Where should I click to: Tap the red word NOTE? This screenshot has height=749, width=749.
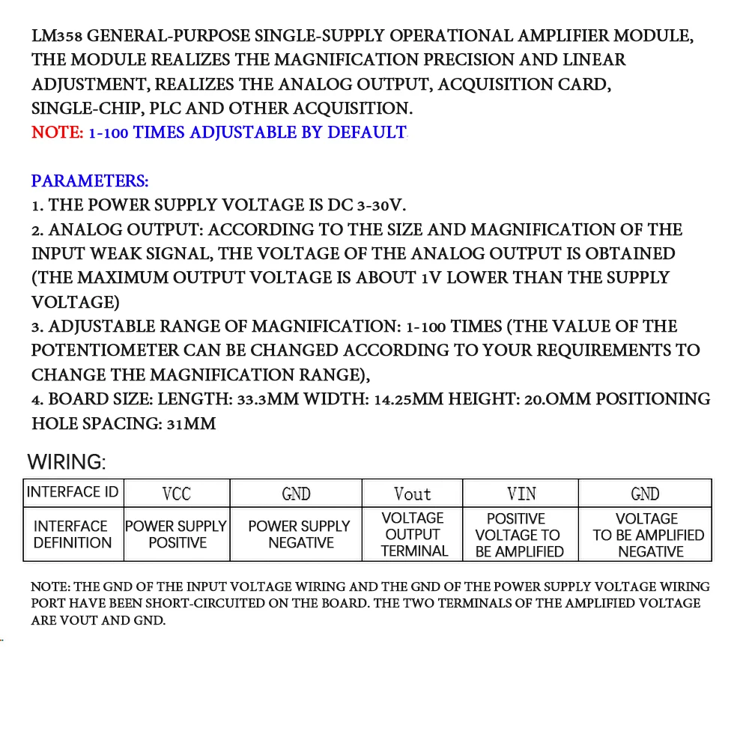(58, 133)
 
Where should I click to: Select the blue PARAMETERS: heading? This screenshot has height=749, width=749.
(90, 181)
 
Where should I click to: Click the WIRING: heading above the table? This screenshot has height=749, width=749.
(67, 461)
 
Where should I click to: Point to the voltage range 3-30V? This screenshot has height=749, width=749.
(381, 205)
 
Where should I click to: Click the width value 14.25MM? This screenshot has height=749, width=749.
(408, 399)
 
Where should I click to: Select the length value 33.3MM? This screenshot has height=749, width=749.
(267, 399)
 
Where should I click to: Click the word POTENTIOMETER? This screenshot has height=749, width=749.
(105, 351)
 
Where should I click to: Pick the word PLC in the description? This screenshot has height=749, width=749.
(166, 109)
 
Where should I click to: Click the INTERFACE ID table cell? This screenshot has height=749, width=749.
(73, 492)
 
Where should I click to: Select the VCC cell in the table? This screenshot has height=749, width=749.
(177, 494)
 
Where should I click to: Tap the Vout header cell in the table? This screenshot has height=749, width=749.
(413, 494)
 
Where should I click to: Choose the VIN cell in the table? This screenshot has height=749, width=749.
(521, 494)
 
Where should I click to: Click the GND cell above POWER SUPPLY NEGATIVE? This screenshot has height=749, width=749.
(297, 494)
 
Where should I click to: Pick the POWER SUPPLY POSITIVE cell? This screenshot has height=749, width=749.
(177, 534)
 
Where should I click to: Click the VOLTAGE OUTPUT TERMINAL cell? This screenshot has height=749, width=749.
(413, 534)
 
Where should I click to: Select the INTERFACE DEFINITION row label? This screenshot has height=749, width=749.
(72, 534)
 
